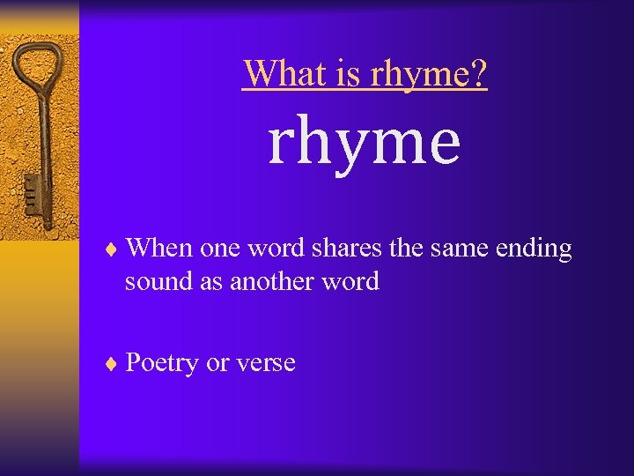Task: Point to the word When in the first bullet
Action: [159, 249]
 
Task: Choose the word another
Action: [276, 282]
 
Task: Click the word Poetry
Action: [162, 363]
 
